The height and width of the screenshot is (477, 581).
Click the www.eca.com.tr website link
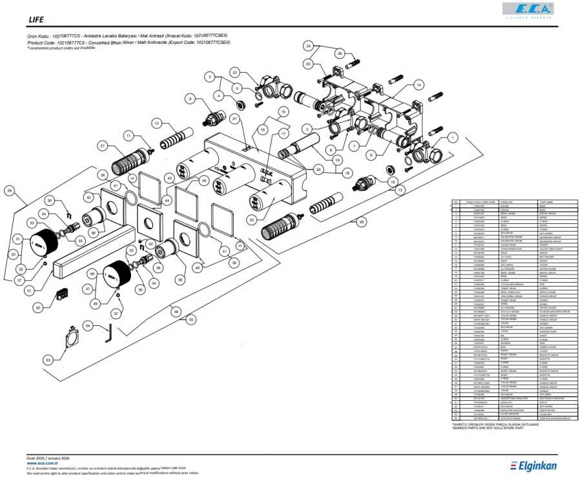click(43, 463)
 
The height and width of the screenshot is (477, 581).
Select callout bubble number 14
click(418, 85)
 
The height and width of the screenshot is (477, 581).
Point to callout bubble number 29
click(9, 190)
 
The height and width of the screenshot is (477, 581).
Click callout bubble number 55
click(190, 319)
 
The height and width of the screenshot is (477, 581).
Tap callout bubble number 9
click(190, 98)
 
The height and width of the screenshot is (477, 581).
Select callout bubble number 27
click(234, 119)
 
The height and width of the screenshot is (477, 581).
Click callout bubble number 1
click(453, 137)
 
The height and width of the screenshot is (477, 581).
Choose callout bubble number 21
click(102, 147)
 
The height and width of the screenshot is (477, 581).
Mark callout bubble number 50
click(38, 309)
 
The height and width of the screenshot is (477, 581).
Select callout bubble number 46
click(174, 311)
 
